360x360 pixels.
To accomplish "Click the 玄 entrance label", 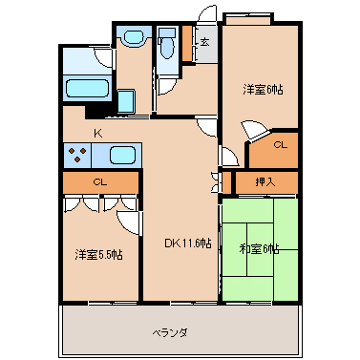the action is pyautogui.click(x=205, y=42).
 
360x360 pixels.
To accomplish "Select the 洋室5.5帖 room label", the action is pyautogui.click(x=98, y=255).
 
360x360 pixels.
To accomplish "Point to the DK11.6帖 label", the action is pyautogui.click(x=188, y=244).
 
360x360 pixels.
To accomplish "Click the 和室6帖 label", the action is pyautogui.click(x=260, y=249).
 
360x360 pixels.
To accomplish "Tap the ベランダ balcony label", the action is pyautogui.click(x=169, y=333).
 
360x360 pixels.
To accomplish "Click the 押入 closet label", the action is pyautogui.click(x=265, y=182).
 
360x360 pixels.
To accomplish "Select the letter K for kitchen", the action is pyautogui.click(x=98, y=134).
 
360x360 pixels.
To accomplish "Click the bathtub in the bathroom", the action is pyautogui.click(x=87, y=88).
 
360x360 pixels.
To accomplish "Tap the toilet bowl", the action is pyautogui.click(x=167, y=48).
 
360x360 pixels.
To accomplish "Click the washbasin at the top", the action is pyautogui.click(x=134, y=37).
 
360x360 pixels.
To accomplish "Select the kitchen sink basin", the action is pyautogui.click(x=123, y=155).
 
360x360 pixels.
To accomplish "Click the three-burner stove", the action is pyautogui.click(x=77, y=155).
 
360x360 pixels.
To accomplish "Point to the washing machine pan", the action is pyautogui.click(x=126, y=101).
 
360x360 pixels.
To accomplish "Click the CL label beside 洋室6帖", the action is pyautogui.click(x=281, y=145).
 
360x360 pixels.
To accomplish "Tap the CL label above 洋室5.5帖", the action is pyautogui.click(x=100, y=182).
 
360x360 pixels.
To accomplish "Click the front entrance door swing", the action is pyautogui.click(x=207, y=14).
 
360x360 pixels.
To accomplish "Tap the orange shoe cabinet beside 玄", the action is pyautogui.click(x=187, y=43).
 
